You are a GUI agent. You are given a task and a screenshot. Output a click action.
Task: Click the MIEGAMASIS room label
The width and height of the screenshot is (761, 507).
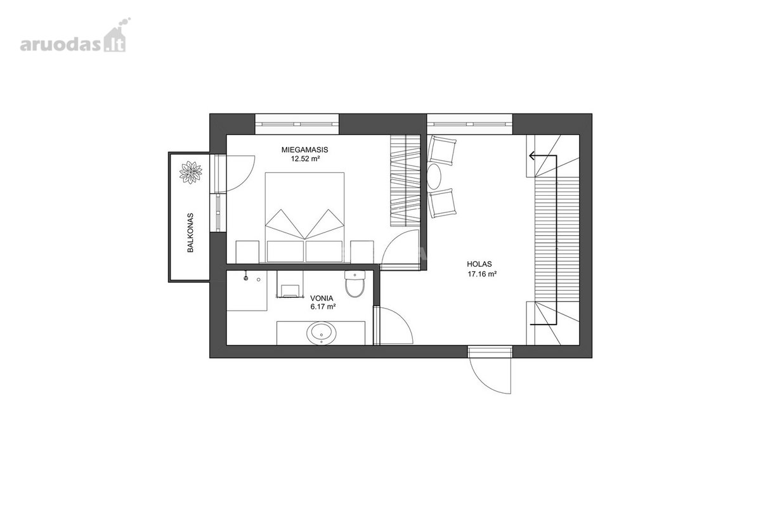[x=305, y=150]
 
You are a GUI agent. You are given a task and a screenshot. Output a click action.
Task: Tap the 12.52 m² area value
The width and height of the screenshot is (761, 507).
[x=306, y=158]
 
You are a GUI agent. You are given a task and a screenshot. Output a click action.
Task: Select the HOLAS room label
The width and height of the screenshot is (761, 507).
[x=479, y=264]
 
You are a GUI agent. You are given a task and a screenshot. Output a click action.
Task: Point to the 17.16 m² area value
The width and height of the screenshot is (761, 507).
[x=483, y=274]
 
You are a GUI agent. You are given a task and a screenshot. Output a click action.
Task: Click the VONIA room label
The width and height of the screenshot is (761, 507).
[x=322, y=298]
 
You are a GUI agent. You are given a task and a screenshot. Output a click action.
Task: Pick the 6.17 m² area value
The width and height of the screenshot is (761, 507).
[x=323, y=307]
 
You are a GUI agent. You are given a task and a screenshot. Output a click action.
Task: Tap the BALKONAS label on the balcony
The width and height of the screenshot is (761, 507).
[x=190, y=233]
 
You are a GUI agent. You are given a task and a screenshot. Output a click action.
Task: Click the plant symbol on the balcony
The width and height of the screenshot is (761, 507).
[x=191, y=172]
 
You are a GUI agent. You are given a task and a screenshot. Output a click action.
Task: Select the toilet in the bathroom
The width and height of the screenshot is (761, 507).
[x=355, y=284]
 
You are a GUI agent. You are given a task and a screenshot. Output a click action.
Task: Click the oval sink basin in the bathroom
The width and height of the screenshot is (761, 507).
[x=322, y=333]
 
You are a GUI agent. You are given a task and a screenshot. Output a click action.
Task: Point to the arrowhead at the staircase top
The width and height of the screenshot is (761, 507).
[x=532, y=156]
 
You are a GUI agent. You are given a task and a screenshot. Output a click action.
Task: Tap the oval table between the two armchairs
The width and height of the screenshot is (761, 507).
[x=434, y=176]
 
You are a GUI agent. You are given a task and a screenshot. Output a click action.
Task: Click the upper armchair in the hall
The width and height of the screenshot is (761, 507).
[x=441, y=150]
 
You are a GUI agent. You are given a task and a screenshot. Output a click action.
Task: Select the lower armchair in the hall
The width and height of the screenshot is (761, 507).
[x=441, y=203]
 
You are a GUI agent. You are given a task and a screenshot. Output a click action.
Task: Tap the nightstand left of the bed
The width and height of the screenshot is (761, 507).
[x=247, y=252]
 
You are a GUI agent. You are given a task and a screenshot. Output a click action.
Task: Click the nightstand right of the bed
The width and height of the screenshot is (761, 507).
[x=362, y=252]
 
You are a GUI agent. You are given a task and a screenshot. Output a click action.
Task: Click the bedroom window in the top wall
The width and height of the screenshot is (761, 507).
[x=297, y=124]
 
